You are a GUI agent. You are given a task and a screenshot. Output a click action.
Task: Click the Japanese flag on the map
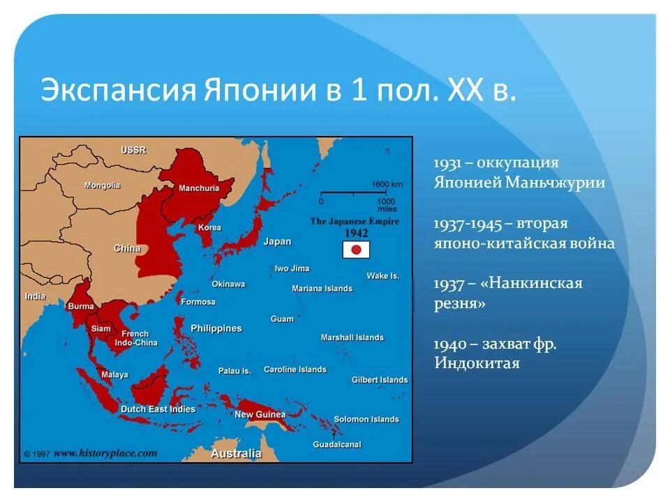[x=355, y=250]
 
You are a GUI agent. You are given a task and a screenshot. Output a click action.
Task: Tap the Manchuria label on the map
[x=199, y=188]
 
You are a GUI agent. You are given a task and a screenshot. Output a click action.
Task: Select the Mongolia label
[x=103, y=185]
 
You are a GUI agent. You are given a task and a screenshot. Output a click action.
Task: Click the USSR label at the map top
[x=133, y=150]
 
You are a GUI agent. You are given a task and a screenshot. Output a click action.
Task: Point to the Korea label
[x=209, y=228]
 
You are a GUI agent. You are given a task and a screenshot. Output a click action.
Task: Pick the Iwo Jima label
[x=292, y=268]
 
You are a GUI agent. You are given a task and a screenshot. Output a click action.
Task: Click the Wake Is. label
[x=383, y=276]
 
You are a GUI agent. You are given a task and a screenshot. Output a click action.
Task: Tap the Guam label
[x=282, y=319]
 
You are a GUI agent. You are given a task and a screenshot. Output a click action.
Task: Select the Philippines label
[x=216, y=328]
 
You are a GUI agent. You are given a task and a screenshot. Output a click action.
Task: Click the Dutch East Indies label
[x=158, y=409]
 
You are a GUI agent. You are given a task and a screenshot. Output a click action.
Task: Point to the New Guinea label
[x=260, y=415]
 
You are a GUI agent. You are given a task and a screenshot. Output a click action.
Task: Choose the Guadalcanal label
[x=336, y=444]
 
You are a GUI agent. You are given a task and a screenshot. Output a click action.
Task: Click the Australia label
[x=237, y=453]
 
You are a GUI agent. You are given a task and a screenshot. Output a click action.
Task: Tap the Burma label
[x=80, y=306]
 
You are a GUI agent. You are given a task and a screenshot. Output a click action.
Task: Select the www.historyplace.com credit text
[x=105, y=453]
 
